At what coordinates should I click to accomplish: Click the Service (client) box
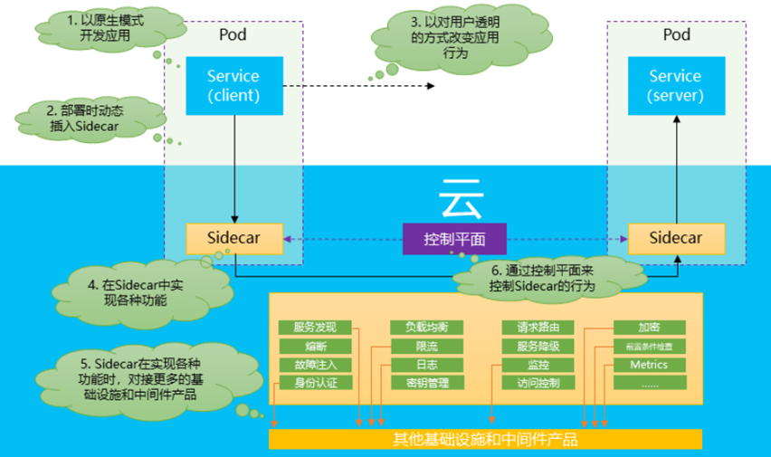(x=233, y=85)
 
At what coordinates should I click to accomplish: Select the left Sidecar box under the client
(x=233, y=238)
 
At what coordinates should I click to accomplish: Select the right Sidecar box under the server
(x=677, y=238)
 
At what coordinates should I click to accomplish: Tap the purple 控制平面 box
(x=454, y=239)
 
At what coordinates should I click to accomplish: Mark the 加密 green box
(x=649, y=327)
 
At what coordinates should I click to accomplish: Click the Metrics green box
(x=649, y=365)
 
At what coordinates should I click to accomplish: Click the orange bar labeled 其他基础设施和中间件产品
(x=485, y=440)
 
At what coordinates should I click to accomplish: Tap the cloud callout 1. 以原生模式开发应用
(x=100, y=27)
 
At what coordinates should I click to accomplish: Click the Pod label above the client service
(x=233, y=34)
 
